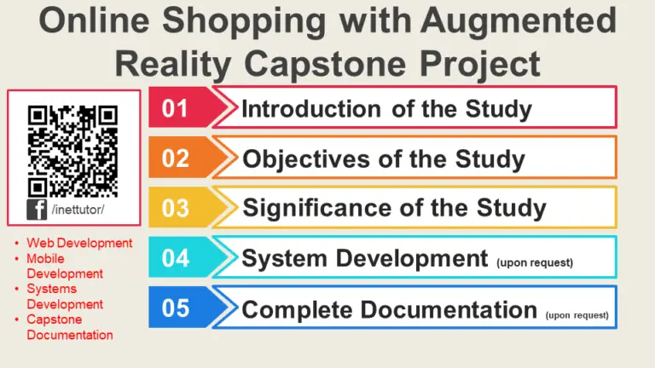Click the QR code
72,150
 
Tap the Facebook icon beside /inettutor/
38,209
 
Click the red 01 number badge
176,109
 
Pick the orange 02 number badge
176,158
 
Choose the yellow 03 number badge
176,208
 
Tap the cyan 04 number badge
176,258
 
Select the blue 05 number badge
176,308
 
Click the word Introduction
311,109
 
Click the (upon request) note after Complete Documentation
577,314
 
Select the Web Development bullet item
79,243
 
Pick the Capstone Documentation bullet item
69,327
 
